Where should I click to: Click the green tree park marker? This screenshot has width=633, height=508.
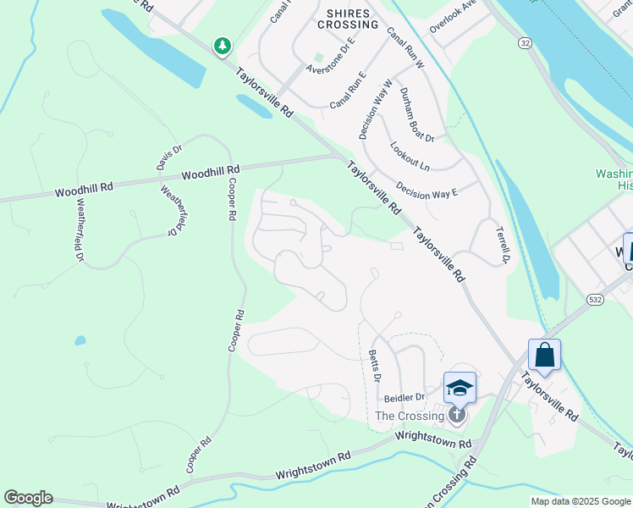[222, 46]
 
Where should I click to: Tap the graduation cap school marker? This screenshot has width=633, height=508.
[460, 388]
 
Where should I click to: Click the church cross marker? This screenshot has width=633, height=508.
[456, 414]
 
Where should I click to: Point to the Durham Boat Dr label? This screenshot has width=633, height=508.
[416, 114]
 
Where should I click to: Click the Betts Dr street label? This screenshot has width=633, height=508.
[375, 366]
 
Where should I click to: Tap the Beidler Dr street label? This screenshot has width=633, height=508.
[404, 397]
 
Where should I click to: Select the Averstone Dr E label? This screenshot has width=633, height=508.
[330, 58]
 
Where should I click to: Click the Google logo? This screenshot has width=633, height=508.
[28, 498]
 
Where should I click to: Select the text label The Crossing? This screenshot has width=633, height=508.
[410, 416]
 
